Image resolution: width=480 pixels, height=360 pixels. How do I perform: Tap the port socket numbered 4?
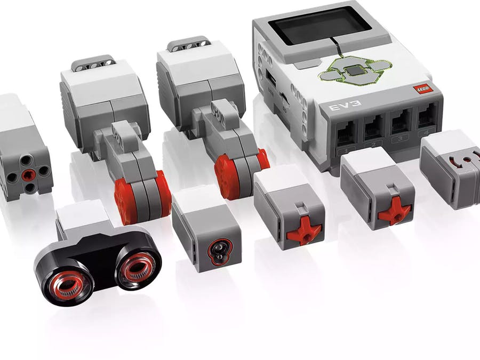click(427, 116)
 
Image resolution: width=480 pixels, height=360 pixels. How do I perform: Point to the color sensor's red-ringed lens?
click(217, 249)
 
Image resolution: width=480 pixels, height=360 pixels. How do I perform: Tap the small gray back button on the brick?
click(303, 65)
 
